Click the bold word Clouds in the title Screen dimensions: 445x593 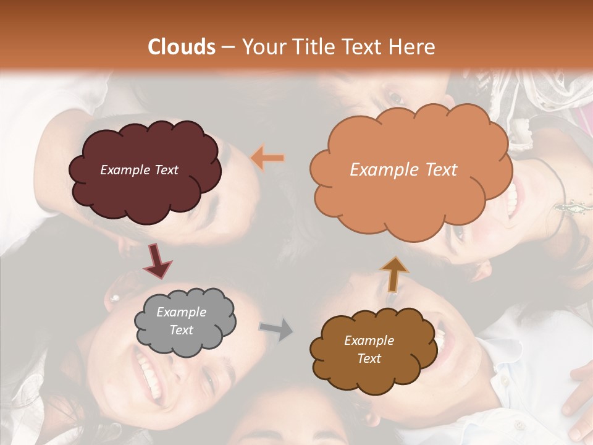click(182, 47)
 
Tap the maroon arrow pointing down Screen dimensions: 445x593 click(157, 260)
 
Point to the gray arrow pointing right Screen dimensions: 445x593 click(277, 329)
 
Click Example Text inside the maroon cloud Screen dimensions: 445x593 click(139, 170)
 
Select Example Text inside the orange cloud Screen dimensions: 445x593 click(403, 170)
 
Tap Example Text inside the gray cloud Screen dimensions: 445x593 click(181, 321)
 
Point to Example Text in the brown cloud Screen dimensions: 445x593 click(369, 349)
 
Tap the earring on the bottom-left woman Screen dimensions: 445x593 click(114, 299)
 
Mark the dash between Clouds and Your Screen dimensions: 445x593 click(228, 48)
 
